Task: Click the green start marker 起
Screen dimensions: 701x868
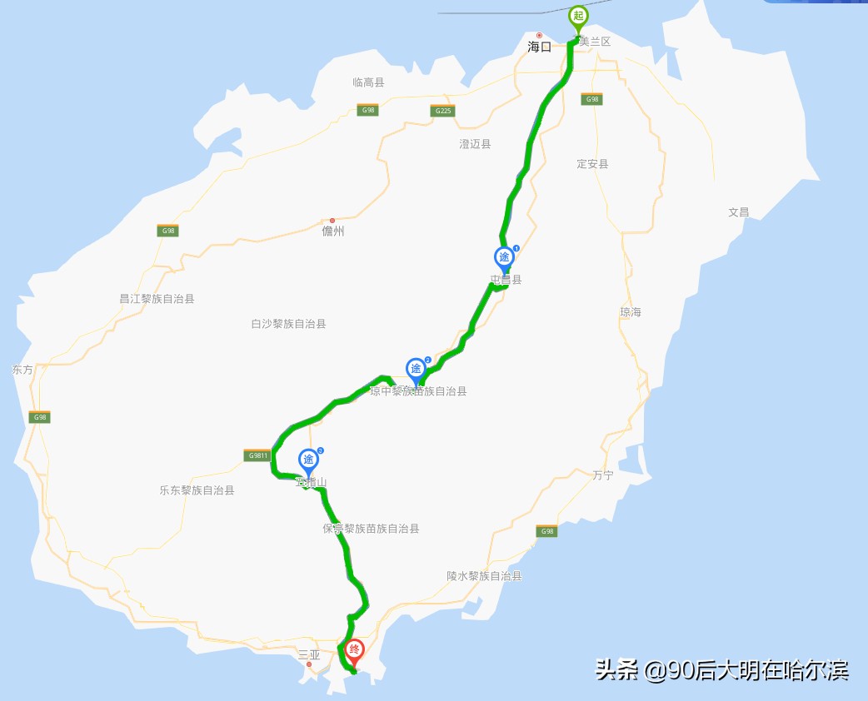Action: click(x=578, y=17)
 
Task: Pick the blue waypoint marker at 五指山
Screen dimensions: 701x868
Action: click(x=308, y=460)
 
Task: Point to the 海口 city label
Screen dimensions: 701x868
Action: click(x=540, y=47)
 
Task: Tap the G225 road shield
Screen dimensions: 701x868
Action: click(x=443, y=111)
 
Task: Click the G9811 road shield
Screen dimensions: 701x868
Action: click(x=257, y=455)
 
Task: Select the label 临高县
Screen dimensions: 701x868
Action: click(x=368, y=82)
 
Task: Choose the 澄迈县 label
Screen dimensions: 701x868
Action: click(x=475, y=144)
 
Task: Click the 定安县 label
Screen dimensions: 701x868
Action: click(x=592, y=164)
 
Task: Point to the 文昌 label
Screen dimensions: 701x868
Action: click(x=739, y=212)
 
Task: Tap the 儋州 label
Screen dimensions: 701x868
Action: click(x=333, y=231)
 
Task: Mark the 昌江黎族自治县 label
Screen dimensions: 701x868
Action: click(x=157, y=298)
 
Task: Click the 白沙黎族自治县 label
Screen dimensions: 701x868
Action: click(x=288, y=324)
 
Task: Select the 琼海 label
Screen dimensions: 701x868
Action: click(x=631, y=312)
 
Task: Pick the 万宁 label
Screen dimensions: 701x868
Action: click(x=603, y=475)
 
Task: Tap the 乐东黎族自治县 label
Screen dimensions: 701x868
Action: click(x=197, y=490)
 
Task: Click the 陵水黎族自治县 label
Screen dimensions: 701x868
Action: click(x=484, y=576)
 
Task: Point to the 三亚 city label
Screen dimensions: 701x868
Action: click(x=309, y=655)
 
